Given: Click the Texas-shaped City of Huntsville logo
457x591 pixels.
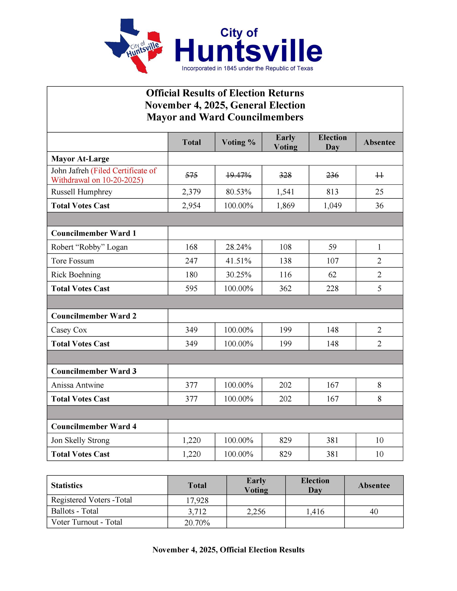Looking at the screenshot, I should [134, 45].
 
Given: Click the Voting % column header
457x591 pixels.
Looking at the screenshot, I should [238, 142].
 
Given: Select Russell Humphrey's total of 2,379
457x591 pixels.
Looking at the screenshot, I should [191, 192].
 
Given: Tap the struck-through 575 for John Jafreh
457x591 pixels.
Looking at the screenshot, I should [191, 175].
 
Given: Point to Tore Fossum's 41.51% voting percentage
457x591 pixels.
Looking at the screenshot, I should [238, 261].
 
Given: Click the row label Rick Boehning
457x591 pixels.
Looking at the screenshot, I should [76, 275].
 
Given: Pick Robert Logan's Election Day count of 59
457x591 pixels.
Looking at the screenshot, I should [332, 247].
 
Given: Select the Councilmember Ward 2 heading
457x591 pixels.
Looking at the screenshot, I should [94, 316].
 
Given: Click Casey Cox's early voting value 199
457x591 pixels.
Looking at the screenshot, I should [285, 330].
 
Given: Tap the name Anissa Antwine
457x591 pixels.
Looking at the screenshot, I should [77, 385].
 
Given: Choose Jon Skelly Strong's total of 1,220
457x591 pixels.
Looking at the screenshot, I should [191, 440].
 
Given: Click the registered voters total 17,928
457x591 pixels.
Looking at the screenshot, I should [197, 500].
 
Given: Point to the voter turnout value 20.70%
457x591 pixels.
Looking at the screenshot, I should [197, 523].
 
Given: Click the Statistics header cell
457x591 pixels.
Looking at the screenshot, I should [67, 485].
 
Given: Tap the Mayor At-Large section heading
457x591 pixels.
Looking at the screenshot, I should [80, 159].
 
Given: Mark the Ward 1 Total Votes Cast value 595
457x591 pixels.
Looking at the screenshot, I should [191, 288].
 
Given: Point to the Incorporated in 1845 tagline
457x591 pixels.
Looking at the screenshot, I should [247, 68].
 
